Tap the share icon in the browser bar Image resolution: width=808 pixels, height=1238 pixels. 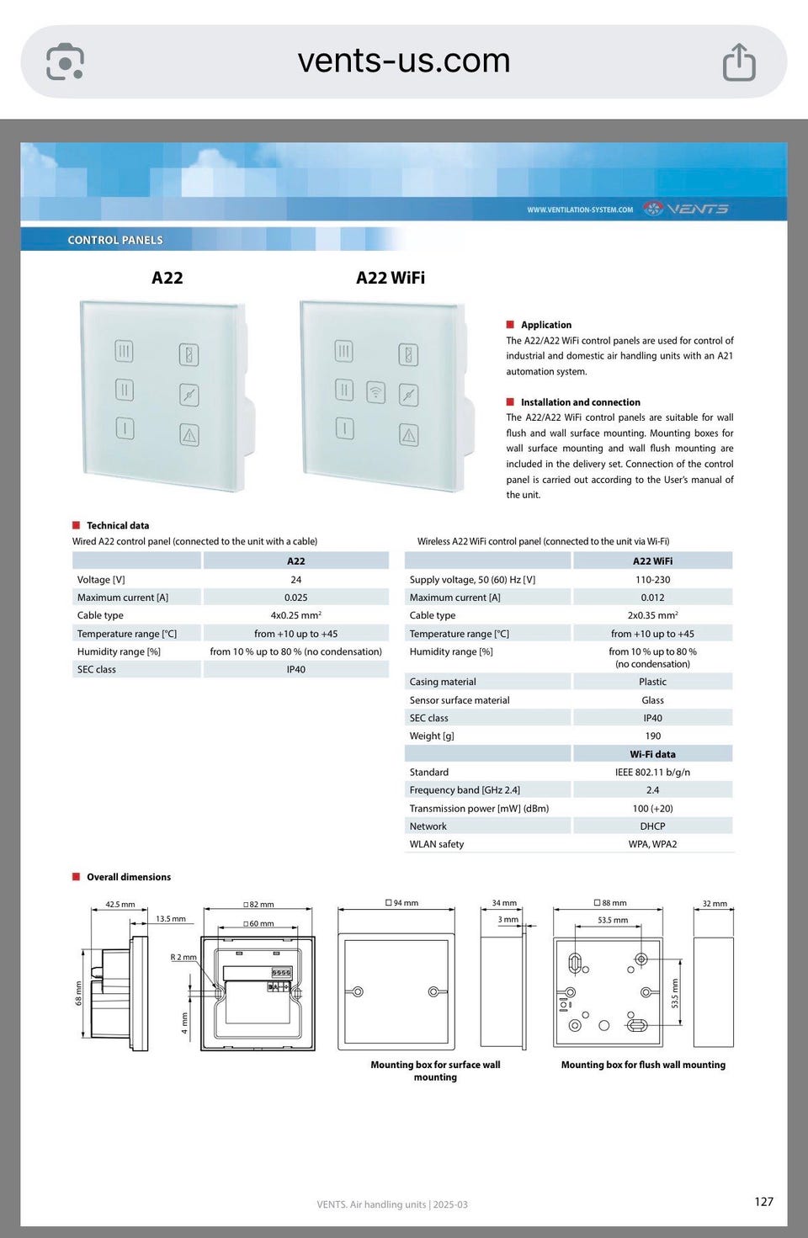[x=739, y=62]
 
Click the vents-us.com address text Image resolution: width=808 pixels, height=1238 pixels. [x=404, y=61]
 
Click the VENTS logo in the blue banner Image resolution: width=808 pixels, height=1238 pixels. [x=686, y=209]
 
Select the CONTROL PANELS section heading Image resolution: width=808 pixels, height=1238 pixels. [x=115, y=240]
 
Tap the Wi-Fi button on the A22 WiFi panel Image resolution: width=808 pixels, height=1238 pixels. [x=375, y=392]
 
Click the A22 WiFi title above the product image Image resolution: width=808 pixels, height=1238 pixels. [x=390, y=278]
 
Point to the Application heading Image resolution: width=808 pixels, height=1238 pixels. [x=545, y=325]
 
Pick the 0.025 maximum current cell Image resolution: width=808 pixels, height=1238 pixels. [x=295, y=598]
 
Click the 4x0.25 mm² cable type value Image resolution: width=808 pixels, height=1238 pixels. [x=295, y=615]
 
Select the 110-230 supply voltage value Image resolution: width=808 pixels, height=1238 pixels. [x=652, y=580]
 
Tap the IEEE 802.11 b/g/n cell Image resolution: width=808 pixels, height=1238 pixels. [x=652, y=772]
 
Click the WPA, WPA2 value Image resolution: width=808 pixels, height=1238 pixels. [x=652, y=844]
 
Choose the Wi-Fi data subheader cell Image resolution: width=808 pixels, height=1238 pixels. [x=652, y=754]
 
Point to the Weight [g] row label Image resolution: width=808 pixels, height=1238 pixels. [x=432, y=736]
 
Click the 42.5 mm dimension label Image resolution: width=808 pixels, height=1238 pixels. [x=120, y=905]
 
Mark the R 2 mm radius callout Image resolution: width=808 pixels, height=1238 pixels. [x=183, y=957]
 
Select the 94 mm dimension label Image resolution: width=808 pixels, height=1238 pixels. [x=402, y=903]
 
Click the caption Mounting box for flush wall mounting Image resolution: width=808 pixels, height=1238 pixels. [x=643, y=1065]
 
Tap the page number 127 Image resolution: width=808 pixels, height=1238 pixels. [x=763, y=1202]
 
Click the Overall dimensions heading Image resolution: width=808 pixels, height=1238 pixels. [x=128, y=877]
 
